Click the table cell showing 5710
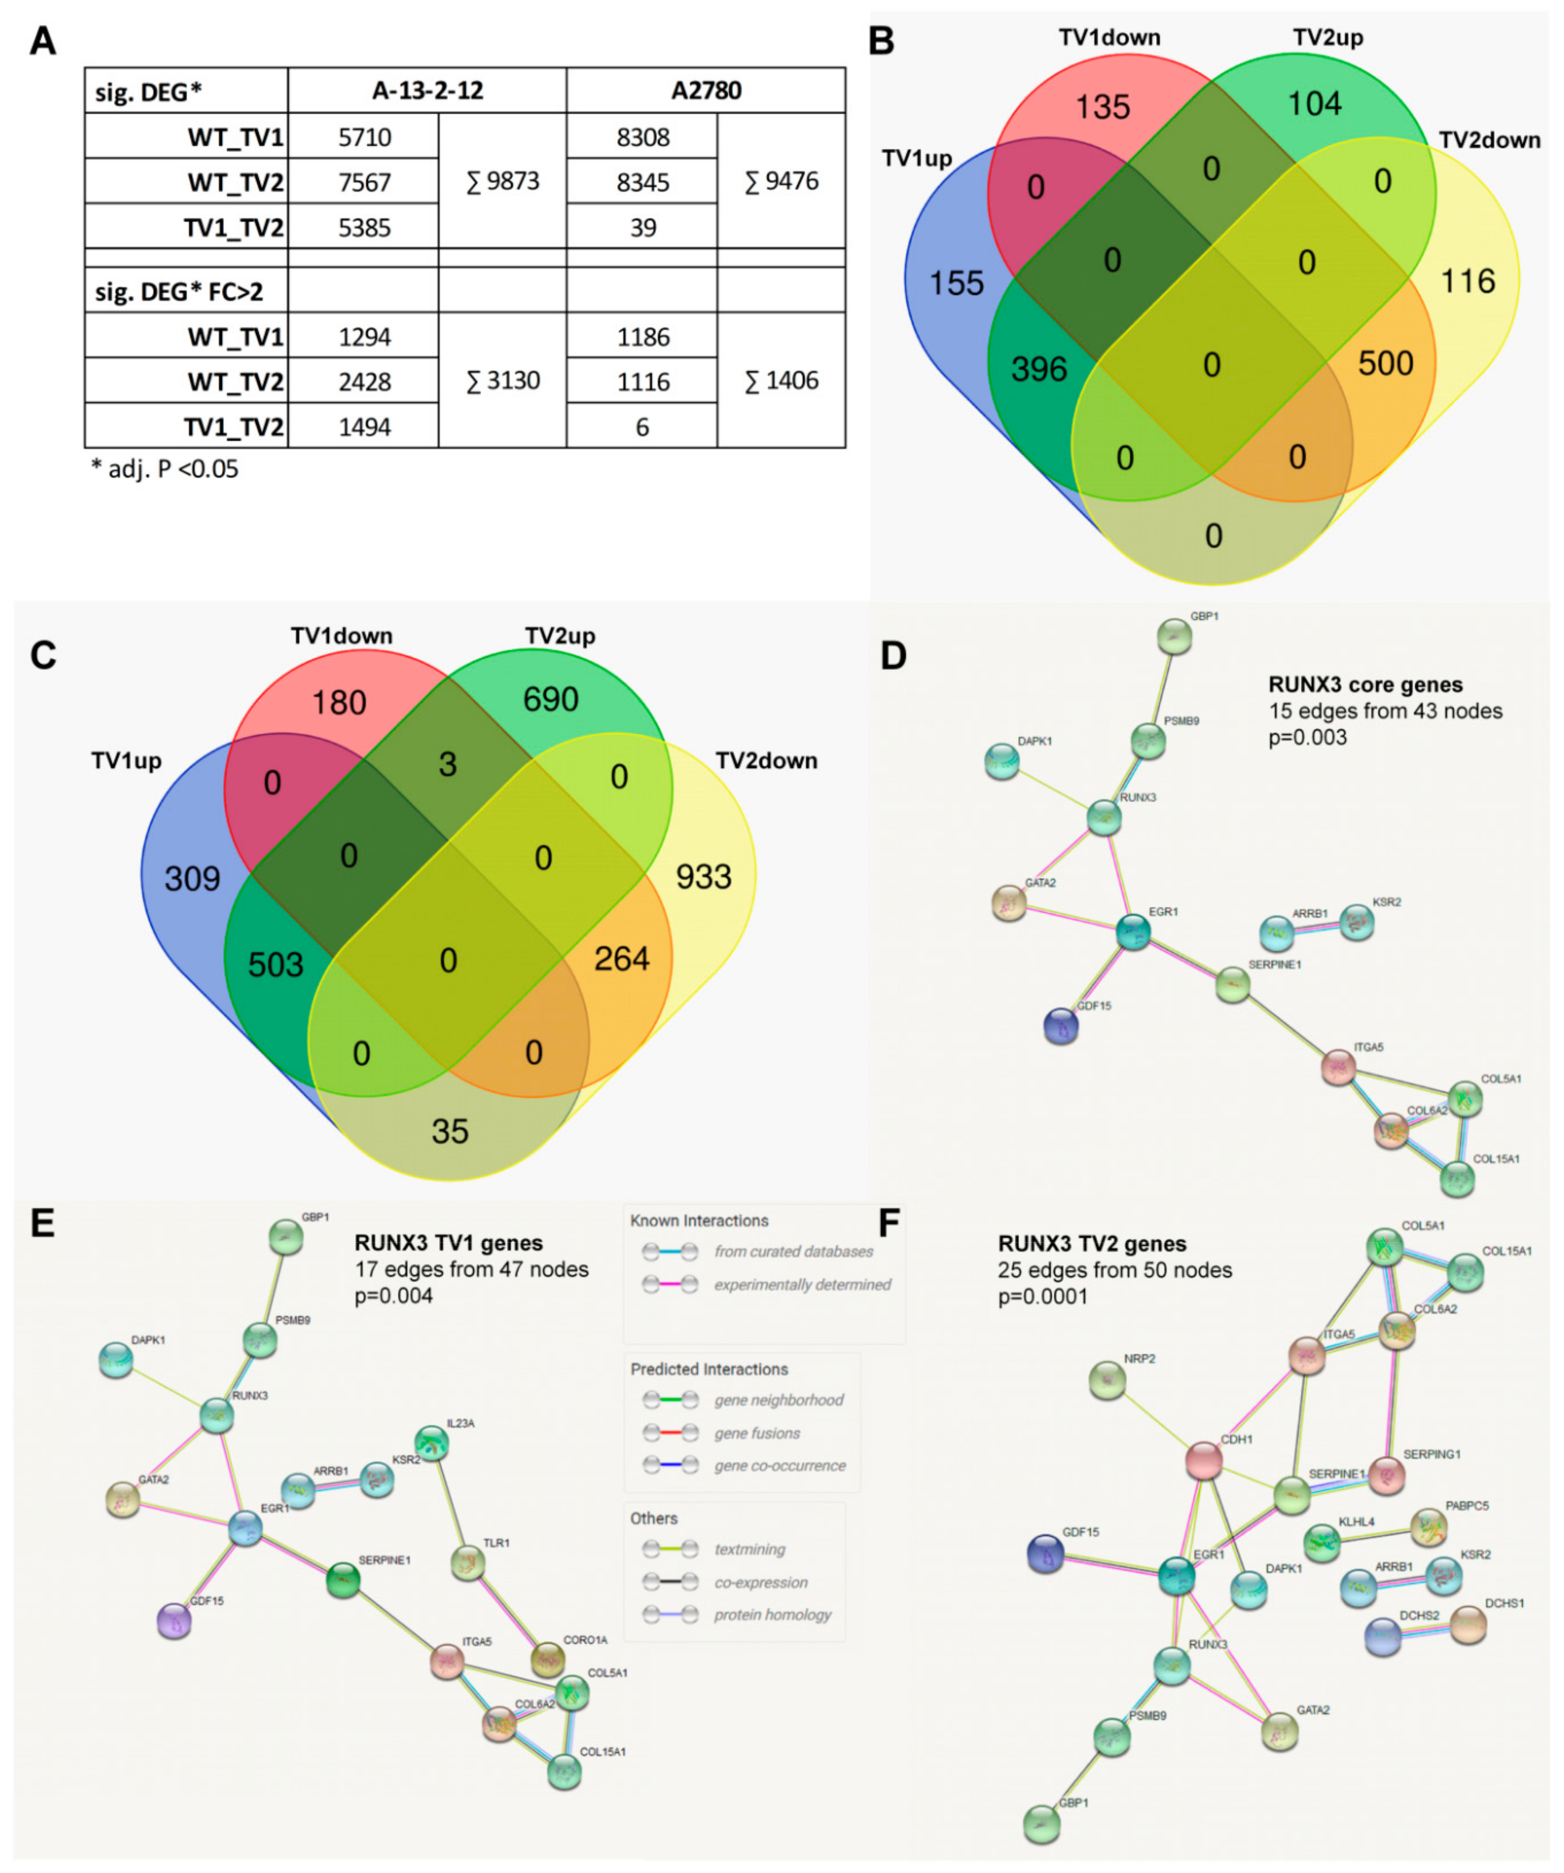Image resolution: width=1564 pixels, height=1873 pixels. coord(364,137)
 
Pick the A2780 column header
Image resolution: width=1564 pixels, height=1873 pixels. coord(706,90)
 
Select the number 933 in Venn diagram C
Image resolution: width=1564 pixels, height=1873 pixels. coord(703,877)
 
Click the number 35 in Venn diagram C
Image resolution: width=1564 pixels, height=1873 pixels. coord(450,1131)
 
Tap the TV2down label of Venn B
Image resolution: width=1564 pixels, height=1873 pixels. coord(1489,140)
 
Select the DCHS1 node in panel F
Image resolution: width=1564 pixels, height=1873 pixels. coord(1468,1625)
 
